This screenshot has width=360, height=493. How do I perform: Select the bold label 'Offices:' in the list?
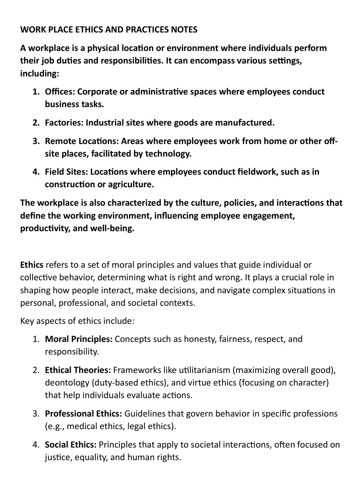tap(60, 92)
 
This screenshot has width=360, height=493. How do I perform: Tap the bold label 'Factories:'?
tap(64, 123)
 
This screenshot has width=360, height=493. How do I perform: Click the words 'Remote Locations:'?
tap(81, 141)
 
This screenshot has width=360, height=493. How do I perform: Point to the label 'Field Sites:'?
tap(66, 172)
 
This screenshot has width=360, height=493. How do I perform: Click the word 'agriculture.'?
tap(131, 184)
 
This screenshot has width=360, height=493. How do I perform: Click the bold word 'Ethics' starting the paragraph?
tap(32, 265)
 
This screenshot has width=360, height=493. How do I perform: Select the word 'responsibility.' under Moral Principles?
tap(72, 352)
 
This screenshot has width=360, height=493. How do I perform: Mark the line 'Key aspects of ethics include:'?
tap(77, 321)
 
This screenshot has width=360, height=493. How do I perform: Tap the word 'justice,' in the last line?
tap(58, 457)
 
